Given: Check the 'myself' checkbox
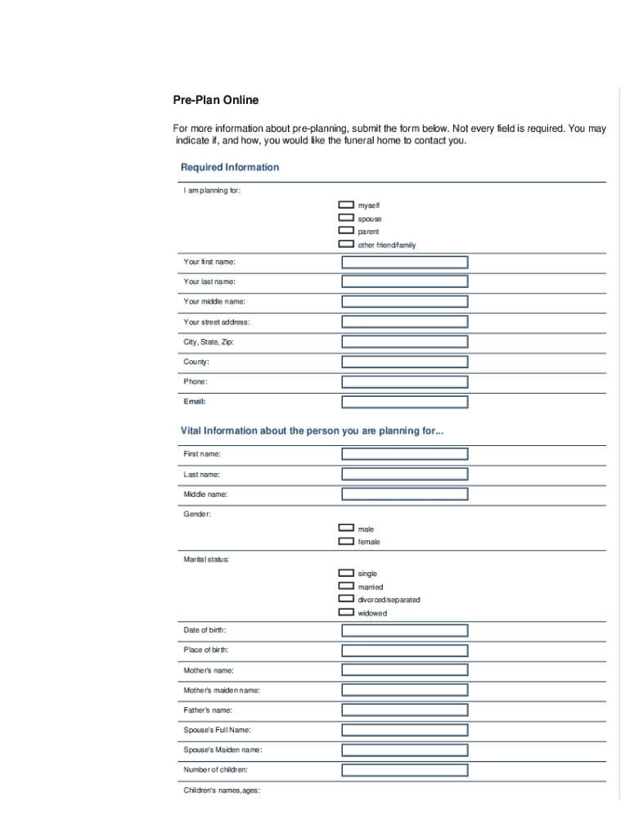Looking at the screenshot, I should pos(346,205).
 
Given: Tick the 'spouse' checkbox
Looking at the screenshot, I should pos(346,218).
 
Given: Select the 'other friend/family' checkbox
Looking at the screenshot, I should pos(346,244).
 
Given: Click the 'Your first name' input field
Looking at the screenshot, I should pos(405,262).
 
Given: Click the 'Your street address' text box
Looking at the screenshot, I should pos(405,322).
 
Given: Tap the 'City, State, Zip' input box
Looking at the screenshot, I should pos(405,342).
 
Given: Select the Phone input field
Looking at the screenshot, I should pos(405,381).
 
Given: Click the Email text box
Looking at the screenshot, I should pos(405,402).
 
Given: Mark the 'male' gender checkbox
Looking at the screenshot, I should pos(346,528).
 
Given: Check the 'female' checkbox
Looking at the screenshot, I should pos(346,541).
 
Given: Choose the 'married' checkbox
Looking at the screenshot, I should pos(346,586).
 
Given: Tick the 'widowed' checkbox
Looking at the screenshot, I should pos(346,612).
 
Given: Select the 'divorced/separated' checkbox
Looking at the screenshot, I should pos(346,599).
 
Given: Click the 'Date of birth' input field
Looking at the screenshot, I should pos(405,630).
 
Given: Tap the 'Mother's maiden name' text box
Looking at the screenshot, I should pos(405,690).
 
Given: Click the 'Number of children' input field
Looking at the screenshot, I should pos(405,770).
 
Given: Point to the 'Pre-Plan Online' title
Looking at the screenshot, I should pos(215,100).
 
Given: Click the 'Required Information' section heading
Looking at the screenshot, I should pos(230,167).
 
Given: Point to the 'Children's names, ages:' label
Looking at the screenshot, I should pos(222,790).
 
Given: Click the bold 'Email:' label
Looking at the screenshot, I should pos(195,402).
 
